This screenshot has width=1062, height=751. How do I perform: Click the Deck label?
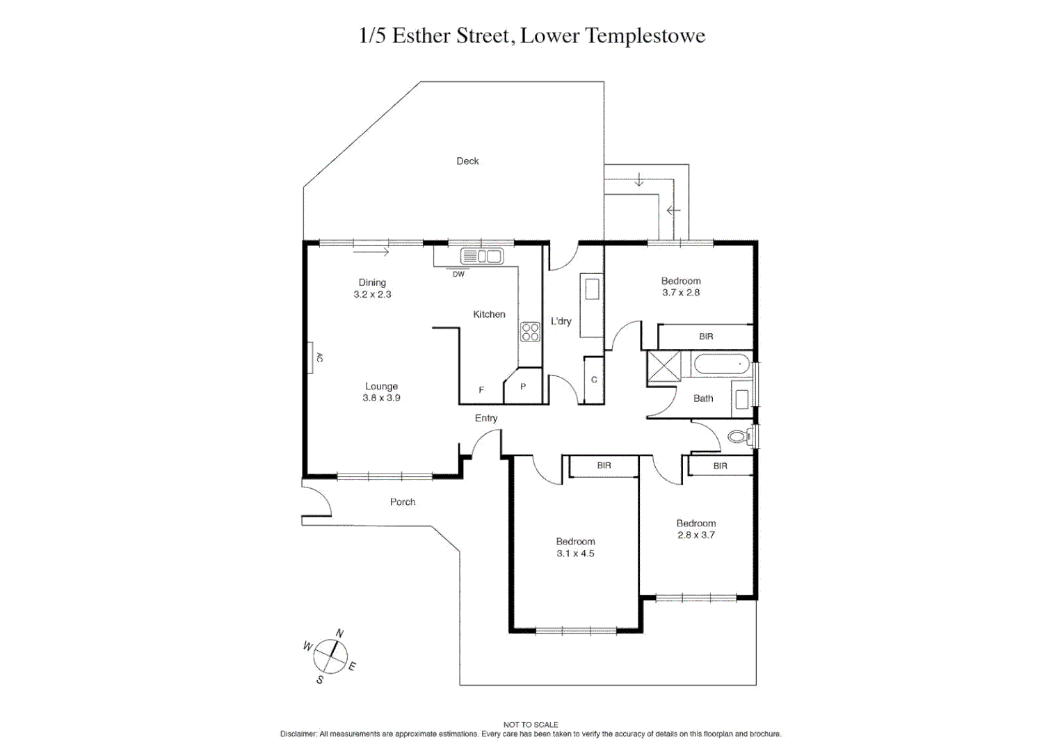[467, 161]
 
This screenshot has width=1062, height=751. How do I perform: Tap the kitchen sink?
[482, 257]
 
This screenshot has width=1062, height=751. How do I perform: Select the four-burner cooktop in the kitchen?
[530, 332]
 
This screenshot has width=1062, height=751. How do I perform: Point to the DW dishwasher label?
[458, 274]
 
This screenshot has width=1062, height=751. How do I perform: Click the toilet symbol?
[739, 436]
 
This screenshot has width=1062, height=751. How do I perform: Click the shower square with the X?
[663, 366]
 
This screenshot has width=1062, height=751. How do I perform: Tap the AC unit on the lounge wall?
[311, 357]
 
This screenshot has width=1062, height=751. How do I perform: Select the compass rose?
[330, 656]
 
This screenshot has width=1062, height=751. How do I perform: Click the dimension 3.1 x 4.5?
[575, 554]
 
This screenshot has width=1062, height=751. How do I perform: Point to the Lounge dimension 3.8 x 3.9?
[382, 398]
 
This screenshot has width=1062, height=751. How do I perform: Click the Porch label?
[403, 501]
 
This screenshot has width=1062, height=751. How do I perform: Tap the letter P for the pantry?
[523, 387]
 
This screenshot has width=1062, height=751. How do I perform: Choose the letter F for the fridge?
[481, 389]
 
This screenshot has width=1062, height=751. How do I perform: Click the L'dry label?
[561, 321]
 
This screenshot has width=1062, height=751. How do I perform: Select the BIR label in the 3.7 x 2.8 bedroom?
[706, 337]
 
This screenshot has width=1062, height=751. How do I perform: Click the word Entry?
[486, 418]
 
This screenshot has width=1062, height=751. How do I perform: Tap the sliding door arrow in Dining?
[371, 252]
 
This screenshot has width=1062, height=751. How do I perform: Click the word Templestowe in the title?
[645, 35]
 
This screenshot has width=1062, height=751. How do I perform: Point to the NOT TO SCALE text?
[531, 725]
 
